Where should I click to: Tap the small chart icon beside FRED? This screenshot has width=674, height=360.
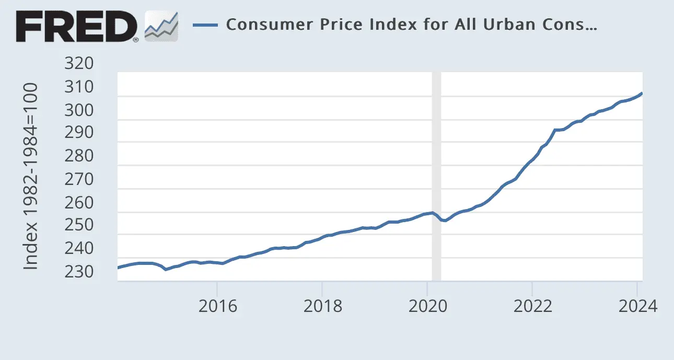click(161, 26)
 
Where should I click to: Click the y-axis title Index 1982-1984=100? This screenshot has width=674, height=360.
click(31, 176)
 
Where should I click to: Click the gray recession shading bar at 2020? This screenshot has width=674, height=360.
click(436, 157)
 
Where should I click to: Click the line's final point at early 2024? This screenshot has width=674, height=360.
click(642, 94)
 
